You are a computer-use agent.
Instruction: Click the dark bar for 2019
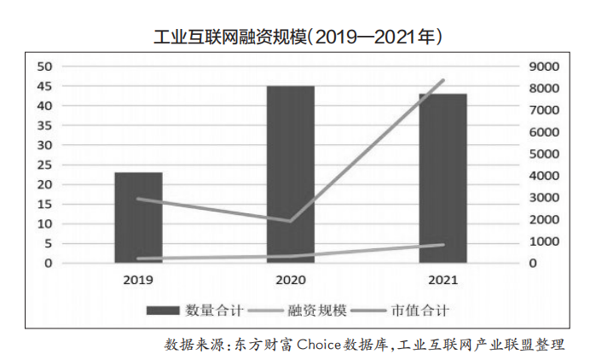point(138,218)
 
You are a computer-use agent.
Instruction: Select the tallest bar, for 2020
point(290,175)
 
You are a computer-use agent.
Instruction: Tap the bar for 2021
point(442,178)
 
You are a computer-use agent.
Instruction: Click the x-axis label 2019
point(138,280)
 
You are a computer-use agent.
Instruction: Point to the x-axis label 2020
point(290,280)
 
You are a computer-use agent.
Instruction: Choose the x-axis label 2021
point(442,280)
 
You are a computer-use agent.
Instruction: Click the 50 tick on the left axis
point(43,67)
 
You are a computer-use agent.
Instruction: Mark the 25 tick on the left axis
point(43,165)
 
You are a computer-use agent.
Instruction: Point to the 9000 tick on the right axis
point(543,67)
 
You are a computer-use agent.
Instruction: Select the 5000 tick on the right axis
point(543,154)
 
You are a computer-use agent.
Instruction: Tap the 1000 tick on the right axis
point(543,241)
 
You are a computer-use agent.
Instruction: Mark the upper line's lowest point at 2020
point(290,221)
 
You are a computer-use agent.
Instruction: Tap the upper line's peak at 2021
point(442,80)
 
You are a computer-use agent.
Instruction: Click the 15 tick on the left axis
point(43,204)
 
